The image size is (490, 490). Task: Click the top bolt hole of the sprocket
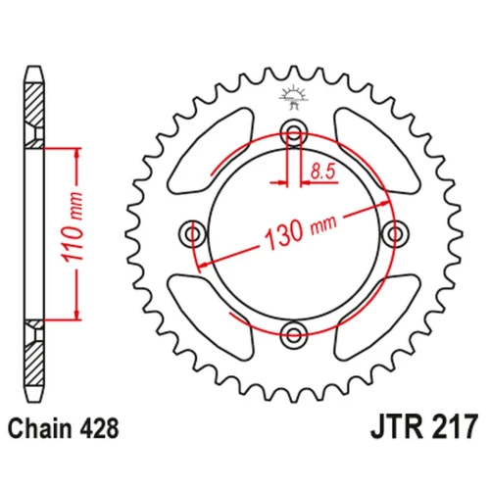tap(294, 133)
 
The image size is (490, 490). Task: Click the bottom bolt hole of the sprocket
tap(294, 334)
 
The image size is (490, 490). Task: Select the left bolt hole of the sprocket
tap(193, 234)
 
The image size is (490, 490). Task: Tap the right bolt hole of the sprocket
tap(395, 234)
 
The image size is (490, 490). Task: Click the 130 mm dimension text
tap(301, 231)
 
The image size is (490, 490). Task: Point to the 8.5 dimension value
tap(323, 171)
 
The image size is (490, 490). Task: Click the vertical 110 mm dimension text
tap(73, 227)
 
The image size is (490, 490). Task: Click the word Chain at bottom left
tap(40, 428)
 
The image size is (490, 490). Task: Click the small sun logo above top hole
tap(293, 97)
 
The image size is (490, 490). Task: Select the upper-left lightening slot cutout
tap(211, 151)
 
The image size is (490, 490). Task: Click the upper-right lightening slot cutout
tap(377, 151)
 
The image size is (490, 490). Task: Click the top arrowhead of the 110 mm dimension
tap(77, 154)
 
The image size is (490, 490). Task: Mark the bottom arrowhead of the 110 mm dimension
tap(77, 315)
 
